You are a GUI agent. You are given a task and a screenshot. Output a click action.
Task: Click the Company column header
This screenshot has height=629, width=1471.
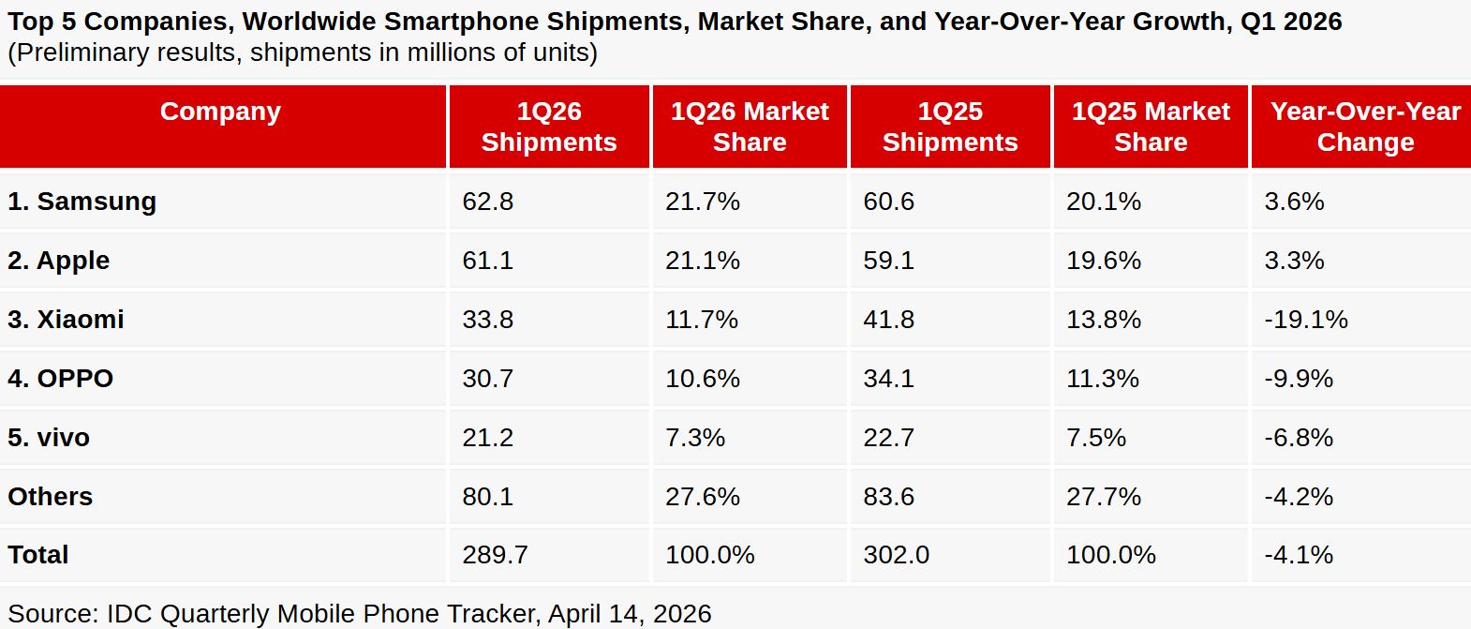pyautogui.click(x=220, y=112)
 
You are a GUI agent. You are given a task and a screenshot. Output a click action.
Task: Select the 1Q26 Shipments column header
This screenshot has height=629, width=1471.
pyautogui.click(x=549, y=127)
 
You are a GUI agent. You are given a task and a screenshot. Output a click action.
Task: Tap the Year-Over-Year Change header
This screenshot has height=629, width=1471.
pyautogui.click(x=1365, y=127)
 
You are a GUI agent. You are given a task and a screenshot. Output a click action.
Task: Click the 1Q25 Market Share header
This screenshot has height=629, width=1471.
pyautogui.click(x=1151, y=127)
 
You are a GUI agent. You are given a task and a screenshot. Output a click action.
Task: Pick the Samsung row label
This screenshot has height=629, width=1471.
pyautogui.click(x=82, y=202)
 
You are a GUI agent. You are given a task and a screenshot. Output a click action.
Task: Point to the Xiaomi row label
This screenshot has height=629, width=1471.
pyautogui.click(x=66, y=320)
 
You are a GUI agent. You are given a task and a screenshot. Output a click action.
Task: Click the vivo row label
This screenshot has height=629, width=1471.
pyautogui.click(x=49, y=438)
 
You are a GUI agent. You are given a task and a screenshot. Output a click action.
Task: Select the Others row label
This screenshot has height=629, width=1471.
pyautogui.click(x=51, y=497)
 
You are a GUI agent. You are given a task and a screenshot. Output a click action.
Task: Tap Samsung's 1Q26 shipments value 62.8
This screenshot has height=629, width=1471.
pyautogui.click(x=487, y=202)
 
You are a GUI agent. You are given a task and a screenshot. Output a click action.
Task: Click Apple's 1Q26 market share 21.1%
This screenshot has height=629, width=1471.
pyautogui.click(x=702, y=261)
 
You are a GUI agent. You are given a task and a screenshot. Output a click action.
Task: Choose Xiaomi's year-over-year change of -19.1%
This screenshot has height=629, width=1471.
pyautogui.click(x=1305, y=320)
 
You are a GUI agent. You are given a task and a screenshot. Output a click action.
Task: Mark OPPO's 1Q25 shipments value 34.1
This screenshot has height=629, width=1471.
pyautogui.click(x=888, y=379)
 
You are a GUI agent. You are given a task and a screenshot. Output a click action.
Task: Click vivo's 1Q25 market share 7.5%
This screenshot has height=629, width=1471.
pyautogui.click(x=1095, y=438)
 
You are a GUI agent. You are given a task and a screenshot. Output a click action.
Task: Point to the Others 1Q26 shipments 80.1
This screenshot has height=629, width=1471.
pyautogui.click(x=487, y=497)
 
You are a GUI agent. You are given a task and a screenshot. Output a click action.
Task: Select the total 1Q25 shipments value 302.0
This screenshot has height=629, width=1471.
pyautogui.click(x=896, y=555)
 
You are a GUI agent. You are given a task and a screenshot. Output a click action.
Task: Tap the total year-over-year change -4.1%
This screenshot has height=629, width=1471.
pyautogui.click(x=1298, y=555)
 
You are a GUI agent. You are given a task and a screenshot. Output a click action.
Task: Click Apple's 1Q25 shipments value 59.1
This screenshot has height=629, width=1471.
pyautogui.click(x=888, y=261)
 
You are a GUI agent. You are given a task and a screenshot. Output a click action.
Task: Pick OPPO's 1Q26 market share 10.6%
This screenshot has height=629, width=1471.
pyautogui.click(x=702, y=379)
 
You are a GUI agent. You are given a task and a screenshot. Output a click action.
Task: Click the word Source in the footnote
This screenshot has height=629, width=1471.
pyautogui.click(x=51, y=614)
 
